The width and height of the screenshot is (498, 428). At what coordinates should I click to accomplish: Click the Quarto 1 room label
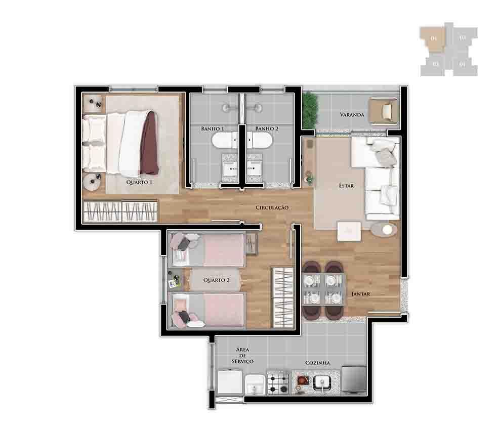(140, 182)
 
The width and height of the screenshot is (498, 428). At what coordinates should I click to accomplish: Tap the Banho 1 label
(212, 129)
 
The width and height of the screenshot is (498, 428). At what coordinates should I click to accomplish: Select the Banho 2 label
(267, 129)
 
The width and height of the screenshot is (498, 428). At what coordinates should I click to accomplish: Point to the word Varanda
(352, 115)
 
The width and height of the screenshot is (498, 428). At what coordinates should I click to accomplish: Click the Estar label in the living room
(346, 186)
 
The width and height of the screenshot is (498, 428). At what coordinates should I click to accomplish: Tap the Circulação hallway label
(272, 207)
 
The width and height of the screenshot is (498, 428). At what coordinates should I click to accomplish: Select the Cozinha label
(317, 363)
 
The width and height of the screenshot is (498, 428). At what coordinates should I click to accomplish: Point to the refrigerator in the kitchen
(354, 379)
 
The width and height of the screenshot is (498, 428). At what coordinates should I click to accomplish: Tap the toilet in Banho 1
(224, 141)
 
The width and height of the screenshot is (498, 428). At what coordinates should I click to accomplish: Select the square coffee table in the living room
(349, 231)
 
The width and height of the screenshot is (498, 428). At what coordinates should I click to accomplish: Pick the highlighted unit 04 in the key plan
(433, 38)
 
